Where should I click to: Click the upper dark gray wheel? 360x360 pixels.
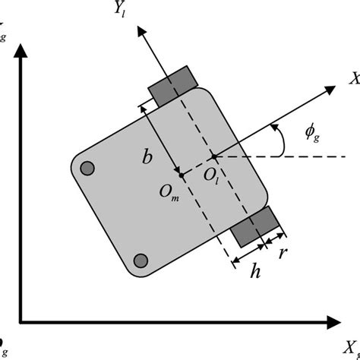(172, 86)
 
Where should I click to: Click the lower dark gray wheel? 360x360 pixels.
(255, 229)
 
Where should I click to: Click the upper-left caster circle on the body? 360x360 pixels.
(87, 168)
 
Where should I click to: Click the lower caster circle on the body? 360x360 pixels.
(140, 261)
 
